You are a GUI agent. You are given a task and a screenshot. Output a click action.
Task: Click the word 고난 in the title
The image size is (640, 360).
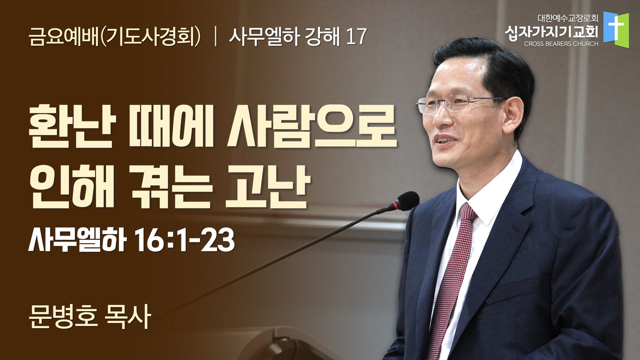pyautogui.click(x=267, y=187)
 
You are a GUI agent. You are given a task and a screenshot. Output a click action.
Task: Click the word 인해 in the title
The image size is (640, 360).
pyautogui.click(x=72, y=187)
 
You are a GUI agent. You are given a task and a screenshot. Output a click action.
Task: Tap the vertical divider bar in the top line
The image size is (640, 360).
pyautogui.click(x=215, y=37)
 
